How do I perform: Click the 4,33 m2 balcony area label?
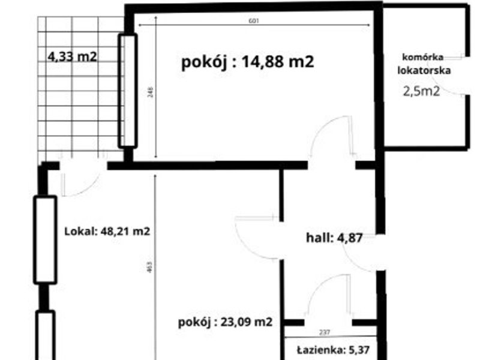pos(72,57)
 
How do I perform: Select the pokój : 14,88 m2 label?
pos(248,62)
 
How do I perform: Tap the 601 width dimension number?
pos(254,21)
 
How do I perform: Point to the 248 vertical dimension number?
pos(151,92)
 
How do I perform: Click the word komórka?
pos(423,57)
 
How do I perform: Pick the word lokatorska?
pos(424,70)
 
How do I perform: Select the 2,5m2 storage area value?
pos(422,91)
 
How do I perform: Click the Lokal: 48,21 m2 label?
pos(107,231)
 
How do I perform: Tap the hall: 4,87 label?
pos(334,238)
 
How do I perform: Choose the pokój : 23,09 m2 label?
pos(226,322)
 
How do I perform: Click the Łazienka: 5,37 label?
pos(334,350)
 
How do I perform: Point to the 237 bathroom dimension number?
pos(325,332)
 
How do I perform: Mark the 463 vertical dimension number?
pos(149,266)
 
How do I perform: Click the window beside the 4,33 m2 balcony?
pos(128,91)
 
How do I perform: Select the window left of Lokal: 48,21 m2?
pos(45,239)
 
